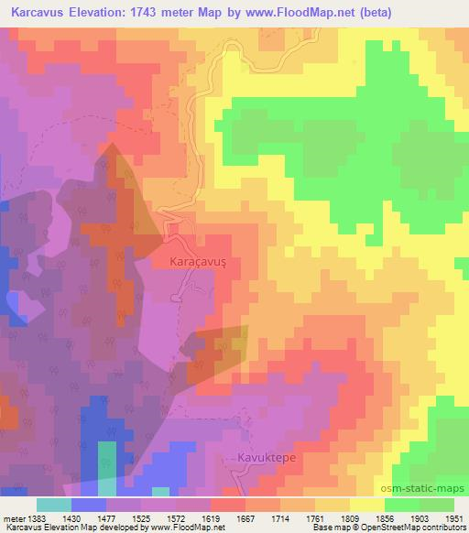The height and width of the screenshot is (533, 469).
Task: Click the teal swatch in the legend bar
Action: click(x=54, y=505)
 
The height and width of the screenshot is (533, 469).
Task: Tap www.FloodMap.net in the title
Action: click(x=288, y=14)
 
